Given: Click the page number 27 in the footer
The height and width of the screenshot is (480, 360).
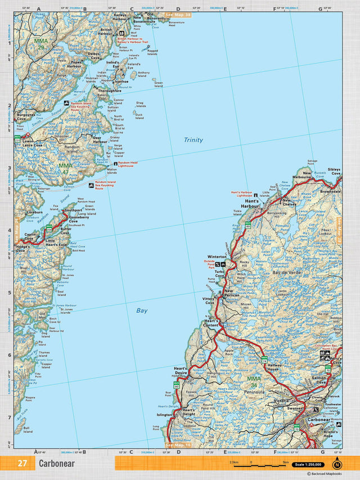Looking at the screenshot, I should [22, 464].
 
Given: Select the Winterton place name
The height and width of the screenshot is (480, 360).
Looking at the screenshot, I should [217, 257].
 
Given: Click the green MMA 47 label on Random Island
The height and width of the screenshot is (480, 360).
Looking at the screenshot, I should [66, 166].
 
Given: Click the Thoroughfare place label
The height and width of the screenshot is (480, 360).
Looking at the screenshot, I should [110, 91].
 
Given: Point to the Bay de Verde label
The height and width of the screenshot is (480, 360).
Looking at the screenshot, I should [284, 272].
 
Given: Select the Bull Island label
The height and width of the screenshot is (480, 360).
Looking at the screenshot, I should [27, 430].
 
